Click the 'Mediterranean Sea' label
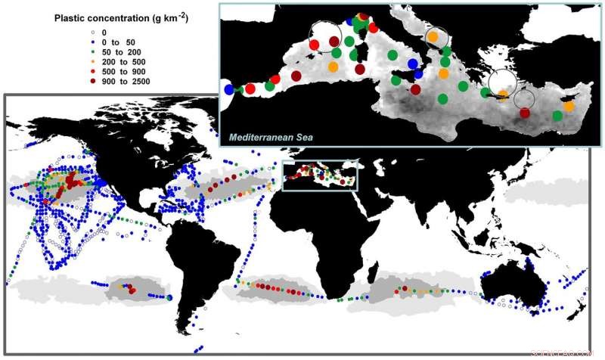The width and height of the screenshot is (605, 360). (x=271, y=137)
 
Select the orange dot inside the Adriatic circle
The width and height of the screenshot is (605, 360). (x=433, y=36)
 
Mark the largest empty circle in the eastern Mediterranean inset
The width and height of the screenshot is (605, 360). (x=503, y=82)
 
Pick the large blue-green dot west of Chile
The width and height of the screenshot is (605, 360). (x=169, y=297)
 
